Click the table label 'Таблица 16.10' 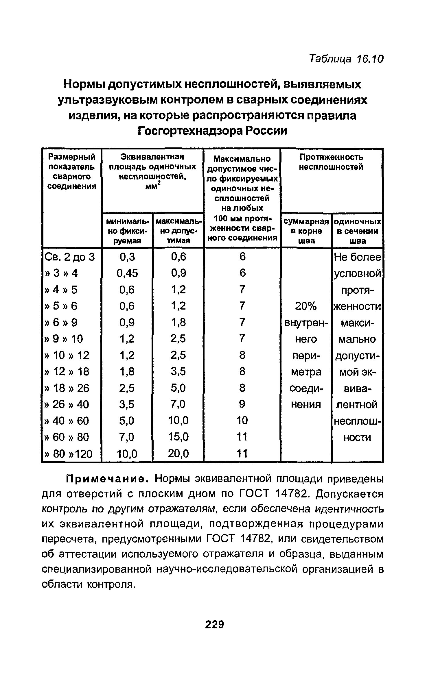346,59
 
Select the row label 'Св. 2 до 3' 70,257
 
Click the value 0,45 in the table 127,273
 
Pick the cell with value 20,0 178,453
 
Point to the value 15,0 178,437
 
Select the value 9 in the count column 242,404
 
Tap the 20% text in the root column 306,306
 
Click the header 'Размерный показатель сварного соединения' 72,171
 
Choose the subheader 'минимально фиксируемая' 127,231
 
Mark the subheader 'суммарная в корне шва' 306,231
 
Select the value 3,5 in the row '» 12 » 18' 178,371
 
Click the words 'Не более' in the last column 358,257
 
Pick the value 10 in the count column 242,420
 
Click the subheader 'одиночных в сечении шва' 358,231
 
